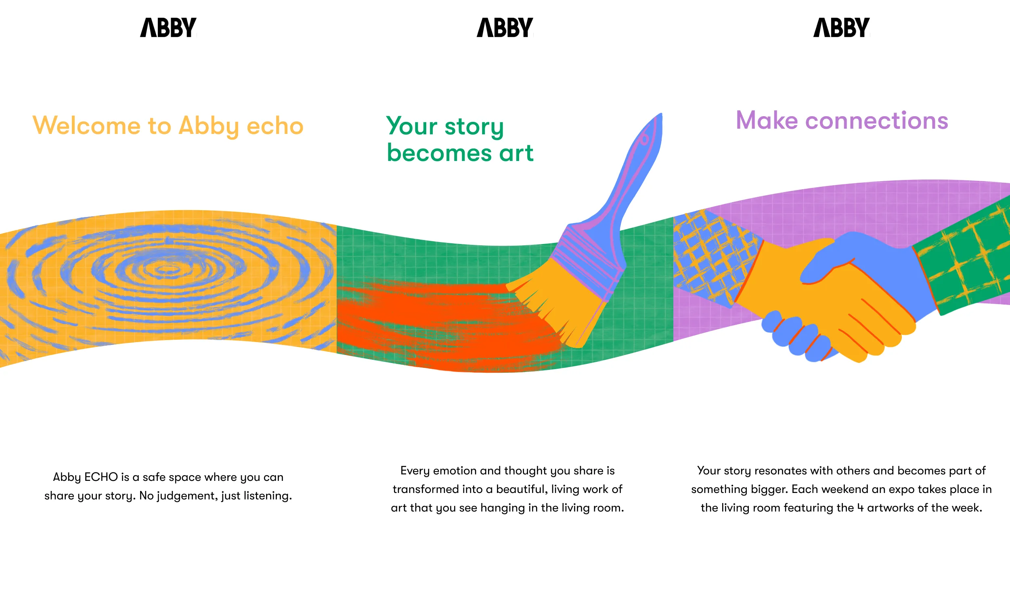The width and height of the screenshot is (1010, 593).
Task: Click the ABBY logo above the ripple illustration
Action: pos(168,27)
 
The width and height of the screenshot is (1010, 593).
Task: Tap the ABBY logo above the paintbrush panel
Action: pos(505,27)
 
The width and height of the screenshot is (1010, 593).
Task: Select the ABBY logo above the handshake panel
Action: pos(841,27)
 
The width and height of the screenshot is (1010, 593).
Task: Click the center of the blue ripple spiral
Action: pos(166,269)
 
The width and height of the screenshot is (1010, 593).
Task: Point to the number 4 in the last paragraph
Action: pos(860,508)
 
